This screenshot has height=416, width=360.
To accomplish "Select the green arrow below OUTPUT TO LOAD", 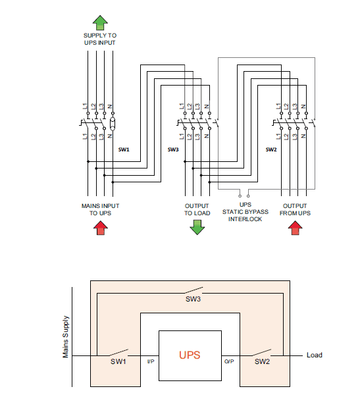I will click(197, 227).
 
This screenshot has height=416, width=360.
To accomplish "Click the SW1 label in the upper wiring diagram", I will click(124, 149).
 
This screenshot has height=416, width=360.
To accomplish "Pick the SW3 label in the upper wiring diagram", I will click(173, 149).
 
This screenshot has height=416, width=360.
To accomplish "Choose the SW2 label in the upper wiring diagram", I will click(271, 149).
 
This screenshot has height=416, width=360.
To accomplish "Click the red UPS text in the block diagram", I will click(191, 355).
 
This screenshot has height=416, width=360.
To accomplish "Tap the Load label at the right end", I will click(315, 355).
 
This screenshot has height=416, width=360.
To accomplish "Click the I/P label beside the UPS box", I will click(150, 361).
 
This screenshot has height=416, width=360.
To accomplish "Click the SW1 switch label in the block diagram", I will click(118, 362).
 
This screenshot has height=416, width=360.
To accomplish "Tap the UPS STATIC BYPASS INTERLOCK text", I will click(245, 212).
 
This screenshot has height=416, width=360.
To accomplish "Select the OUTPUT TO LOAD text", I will click(197, 209).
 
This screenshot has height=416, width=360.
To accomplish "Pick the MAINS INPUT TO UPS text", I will click(100, 209).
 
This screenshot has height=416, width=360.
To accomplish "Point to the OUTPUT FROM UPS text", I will click(295, 209).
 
